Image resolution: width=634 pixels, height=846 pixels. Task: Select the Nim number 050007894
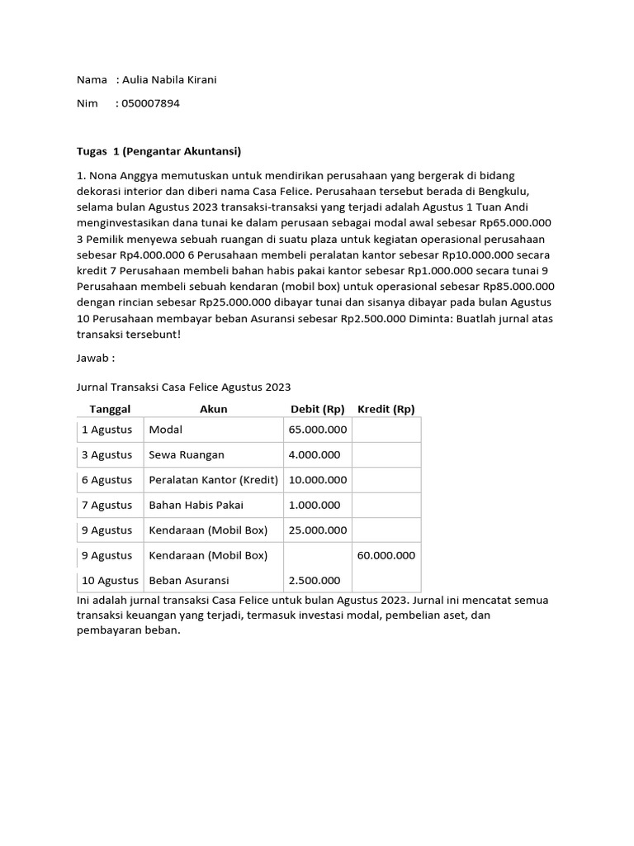tap(150, 103)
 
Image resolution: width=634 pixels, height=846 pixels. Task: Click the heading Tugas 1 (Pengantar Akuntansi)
tap(158, 151)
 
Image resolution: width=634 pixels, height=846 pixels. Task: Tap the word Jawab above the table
tap(95, 359)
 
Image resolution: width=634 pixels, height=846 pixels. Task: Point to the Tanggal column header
tap(110, 409)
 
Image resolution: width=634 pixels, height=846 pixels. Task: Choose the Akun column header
tap(213, 409)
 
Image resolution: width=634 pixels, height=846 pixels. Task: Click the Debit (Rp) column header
tap(317, 409)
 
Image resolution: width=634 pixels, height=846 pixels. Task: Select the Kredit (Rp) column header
tap(386, 409)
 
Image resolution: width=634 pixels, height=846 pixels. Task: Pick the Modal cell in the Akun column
tap(165, 430)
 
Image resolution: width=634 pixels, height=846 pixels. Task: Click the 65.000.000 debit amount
tap(317, 430)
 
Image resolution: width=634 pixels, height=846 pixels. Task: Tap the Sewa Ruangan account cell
tap(186, 454)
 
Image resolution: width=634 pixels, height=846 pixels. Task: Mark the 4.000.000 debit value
tap(314, 454)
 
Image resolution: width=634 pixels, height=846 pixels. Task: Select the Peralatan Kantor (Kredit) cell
tap(213, 480)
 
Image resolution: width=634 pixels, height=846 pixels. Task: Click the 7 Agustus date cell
tap(106, 505)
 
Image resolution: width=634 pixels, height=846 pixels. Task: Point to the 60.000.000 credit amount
tap(386, 555)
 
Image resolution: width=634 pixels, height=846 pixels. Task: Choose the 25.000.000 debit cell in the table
tap(317, 530)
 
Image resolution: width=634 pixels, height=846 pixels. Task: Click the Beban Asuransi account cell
tap(188, 581)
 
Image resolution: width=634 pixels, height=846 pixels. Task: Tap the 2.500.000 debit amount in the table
tap(314, 581)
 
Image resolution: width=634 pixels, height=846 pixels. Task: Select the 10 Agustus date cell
tap(109, 581)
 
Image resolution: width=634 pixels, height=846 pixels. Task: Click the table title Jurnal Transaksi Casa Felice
tap(183, 387)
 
